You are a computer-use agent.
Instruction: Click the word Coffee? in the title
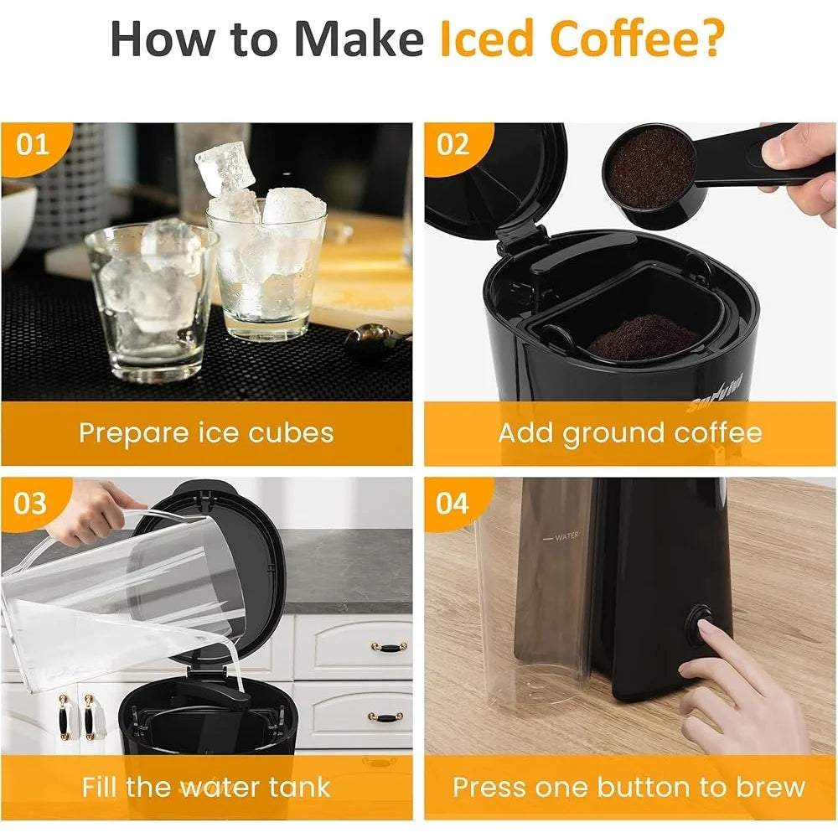(637, 39)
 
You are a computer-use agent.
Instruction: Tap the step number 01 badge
(32, 144)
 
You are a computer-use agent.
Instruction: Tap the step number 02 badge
(453, 144)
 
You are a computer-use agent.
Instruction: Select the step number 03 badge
(30, 504)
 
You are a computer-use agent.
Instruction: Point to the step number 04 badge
(453, 504)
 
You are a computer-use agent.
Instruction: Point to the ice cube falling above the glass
(225, 167)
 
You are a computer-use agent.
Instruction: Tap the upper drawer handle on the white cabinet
(389, 648)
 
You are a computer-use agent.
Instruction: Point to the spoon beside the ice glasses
(377, 339)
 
